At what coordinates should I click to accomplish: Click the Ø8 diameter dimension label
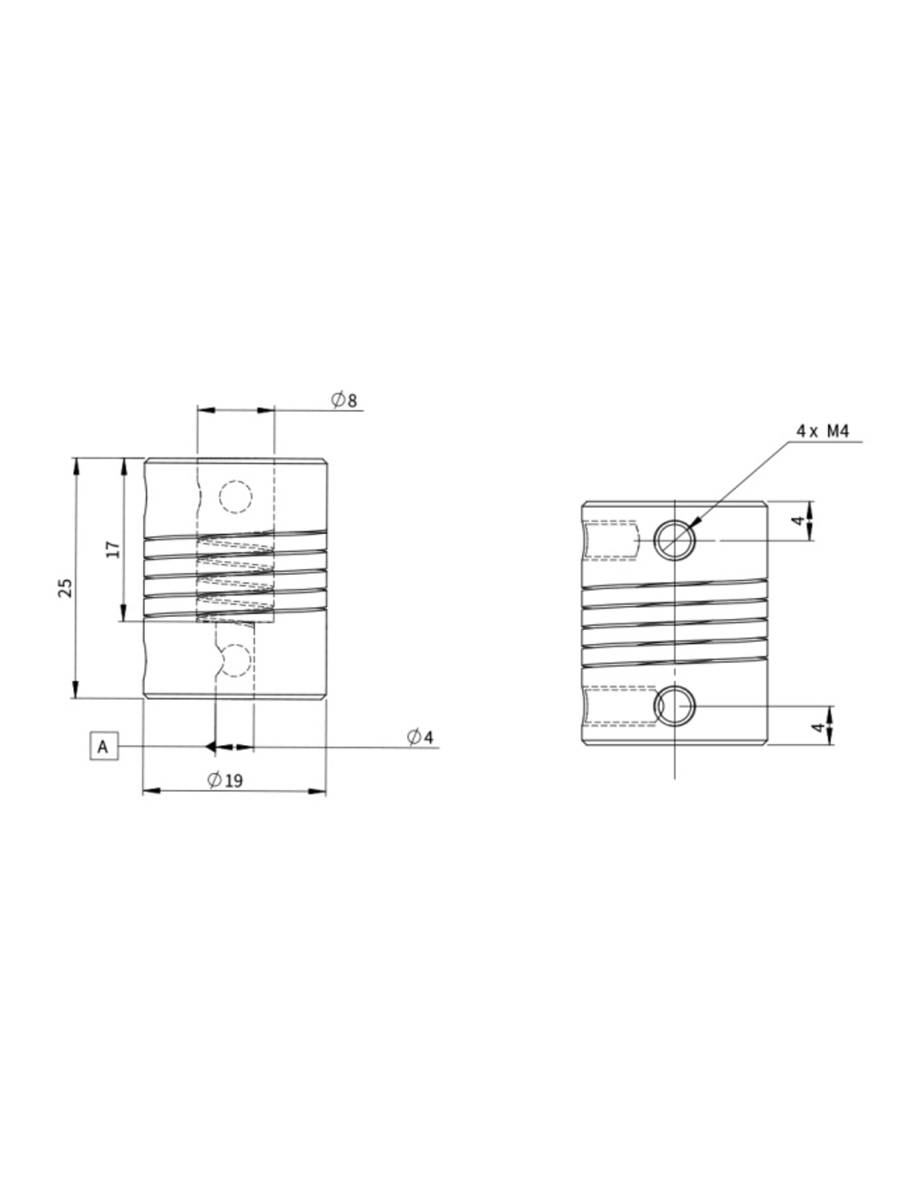pos(344,400)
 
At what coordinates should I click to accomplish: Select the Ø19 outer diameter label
pos(225,781)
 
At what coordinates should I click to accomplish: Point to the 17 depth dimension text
pos(114,549)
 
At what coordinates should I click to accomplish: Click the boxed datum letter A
pos(103,747)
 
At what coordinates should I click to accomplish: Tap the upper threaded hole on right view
pos(675,540)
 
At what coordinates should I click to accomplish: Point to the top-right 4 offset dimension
pos(798,521)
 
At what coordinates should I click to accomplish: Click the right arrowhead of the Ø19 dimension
pos(317,791)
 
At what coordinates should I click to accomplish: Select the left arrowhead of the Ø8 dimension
pos(205,410)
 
